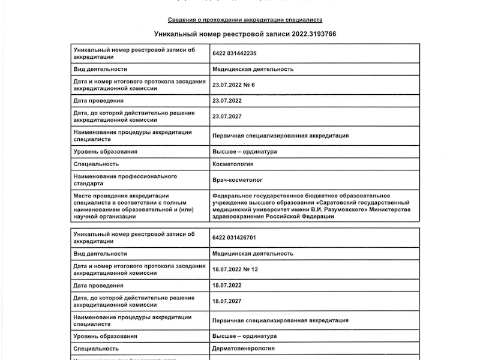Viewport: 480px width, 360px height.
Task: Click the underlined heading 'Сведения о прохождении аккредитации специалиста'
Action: [x=245, y=20]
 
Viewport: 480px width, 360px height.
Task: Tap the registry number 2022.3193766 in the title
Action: [x=314, y=34]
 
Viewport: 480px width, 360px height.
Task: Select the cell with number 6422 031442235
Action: [x=234, y=53]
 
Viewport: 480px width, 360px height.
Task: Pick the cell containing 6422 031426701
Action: [x=234, y=238]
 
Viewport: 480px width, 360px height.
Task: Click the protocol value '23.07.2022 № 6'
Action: [x=233, y=85]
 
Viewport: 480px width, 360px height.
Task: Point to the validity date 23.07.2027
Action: [x=227, y=116]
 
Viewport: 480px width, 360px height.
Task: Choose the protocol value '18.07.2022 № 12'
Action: [x=235, y=269]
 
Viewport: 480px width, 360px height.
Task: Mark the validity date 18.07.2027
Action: [x=227, y=301]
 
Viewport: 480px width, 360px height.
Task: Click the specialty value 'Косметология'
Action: [x=233, y=163]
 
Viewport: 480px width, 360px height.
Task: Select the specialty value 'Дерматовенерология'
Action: [x=243, y=347]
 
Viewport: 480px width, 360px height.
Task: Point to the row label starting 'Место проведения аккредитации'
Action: [x=118, y=196]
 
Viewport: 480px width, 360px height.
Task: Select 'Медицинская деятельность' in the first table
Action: [x=253, y=69]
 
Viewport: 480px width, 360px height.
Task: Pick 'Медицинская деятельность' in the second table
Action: [x=253, y=253]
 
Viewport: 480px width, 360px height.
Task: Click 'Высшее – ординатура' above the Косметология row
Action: [x=244, y=151]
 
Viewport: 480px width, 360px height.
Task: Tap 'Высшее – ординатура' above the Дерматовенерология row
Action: [x=244, y=335]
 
